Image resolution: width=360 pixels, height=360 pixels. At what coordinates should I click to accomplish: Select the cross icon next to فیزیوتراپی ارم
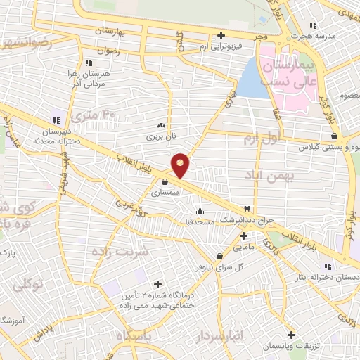(221, 35)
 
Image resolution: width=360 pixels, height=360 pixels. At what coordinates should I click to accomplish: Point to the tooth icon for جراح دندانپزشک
(247, 209)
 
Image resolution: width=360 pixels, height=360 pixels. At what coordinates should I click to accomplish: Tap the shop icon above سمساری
(165, 181)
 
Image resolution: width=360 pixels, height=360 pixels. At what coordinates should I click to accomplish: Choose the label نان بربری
(159, 130)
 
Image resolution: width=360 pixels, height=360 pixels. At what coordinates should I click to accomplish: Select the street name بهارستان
(113, 32)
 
